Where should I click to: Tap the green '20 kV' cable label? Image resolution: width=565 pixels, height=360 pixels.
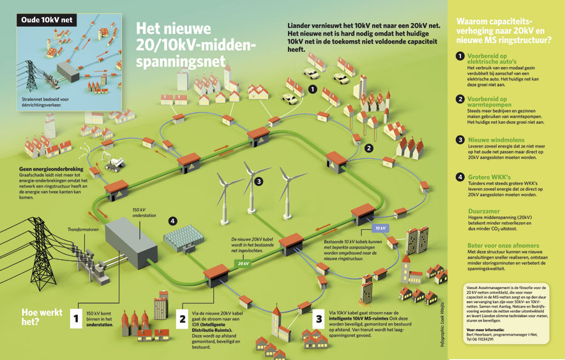pyautogui.click(x=243, y=263)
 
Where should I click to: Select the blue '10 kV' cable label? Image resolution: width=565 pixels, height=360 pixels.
pyautogui.click(x=380, y=228)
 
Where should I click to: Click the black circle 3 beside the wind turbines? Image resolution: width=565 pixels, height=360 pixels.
pyautogui.click(x=258, y=181)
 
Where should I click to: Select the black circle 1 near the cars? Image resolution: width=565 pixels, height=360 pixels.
pyautogui.click(x=312, y=90)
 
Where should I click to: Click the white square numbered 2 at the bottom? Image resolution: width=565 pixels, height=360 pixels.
pyautogui.click(x=182, y=317)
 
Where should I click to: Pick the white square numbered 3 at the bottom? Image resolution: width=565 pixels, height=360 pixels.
pyautogui.click(x=318, y=317)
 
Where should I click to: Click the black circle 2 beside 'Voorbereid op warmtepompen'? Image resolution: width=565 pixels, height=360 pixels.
pyautogui.click(x=460, y=99)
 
